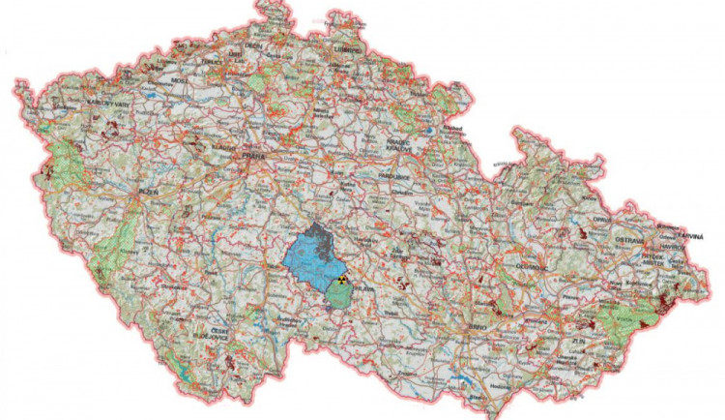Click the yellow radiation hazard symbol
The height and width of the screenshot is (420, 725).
tap(339, 280)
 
